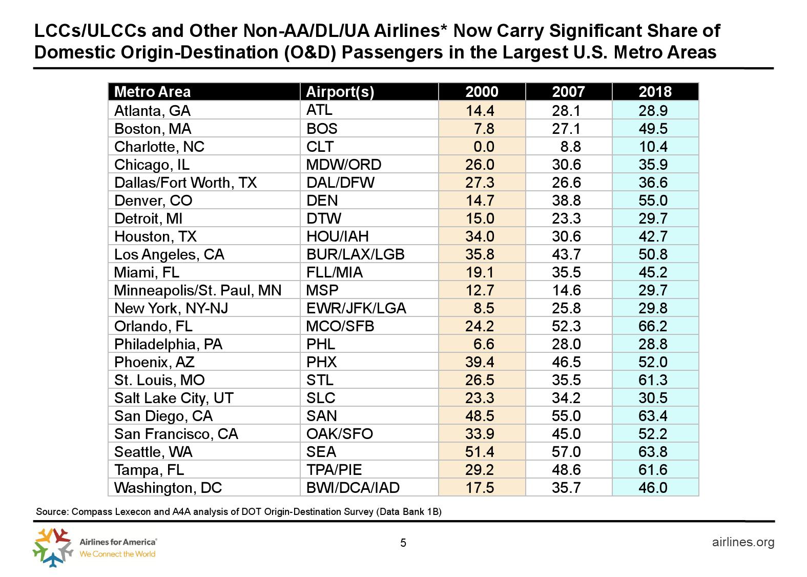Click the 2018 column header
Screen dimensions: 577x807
[655, 92]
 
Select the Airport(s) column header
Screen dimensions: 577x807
[340, 92]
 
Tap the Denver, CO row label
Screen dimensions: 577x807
[153, 201]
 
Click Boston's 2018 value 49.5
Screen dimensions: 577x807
[653, 129]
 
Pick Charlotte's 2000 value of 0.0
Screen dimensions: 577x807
[484, 147]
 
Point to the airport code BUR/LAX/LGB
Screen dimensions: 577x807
[355, 254]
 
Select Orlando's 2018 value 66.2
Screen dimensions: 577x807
[653, 326]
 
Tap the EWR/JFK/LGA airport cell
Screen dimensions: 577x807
[356, 308]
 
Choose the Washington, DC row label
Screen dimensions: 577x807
[168, 488]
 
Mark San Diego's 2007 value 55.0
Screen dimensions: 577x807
[566, 416]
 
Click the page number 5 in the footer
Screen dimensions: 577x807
[403, 543]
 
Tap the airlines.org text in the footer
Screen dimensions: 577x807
[743, 542]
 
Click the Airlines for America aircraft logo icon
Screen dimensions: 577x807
[53, 547]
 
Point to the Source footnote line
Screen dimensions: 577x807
[238, 512]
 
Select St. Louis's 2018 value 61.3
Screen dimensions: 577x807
[653, 380]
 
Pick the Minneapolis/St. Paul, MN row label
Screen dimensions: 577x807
[198, 290]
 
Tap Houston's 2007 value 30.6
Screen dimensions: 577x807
[566, 236]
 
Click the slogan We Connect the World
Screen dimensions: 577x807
[117, 554]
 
